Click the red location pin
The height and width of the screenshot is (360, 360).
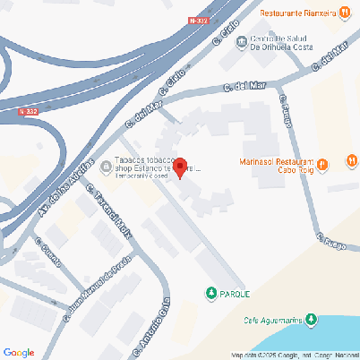click(179, 167)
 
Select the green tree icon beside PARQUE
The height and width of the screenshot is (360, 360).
click(211, 293)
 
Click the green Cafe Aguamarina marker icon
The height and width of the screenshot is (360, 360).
click(312, 319)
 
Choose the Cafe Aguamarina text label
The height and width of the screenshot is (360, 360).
click(271, 320)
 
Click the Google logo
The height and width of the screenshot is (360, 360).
click(19, 352)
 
